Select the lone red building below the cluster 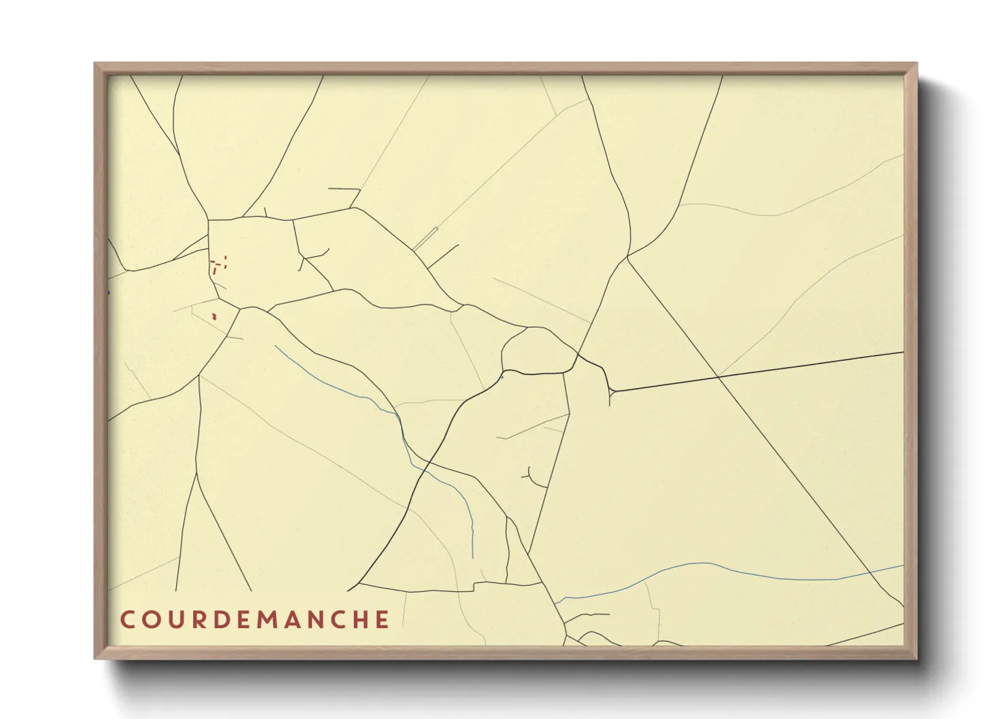coord(215,316)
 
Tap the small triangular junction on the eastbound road coord(612,391)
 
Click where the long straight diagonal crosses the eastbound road coord(718,376)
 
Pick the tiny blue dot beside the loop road coord(502,375)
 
